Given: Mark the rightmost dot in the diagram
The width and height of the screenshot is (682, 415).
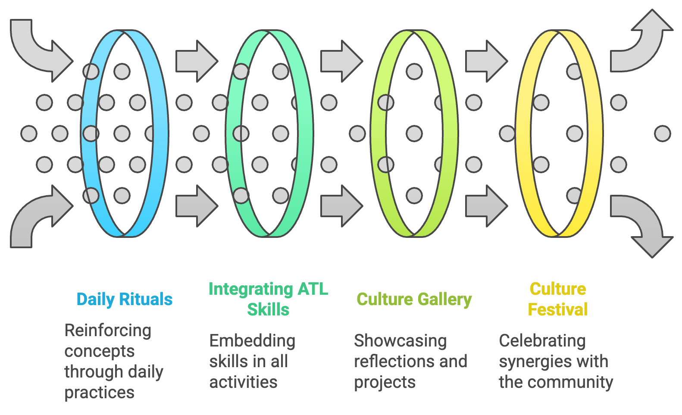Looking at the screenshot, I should tap(662, 134).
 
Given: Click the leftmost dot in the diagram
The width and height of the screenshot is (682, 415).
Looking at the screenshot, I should tap(29, 134).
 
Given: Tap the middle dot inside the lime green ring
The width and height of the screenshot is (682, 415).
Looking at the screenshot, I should tap(414, 134).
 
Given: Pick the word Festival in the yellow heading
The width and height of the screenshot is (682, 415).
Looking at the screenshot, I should tap(558, 309).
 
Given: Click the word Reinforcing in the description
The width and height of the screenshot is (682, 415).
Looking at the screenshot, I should tap(108, 331).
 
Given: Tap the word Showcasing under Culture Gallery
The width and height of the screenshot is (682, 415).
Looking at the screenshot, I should tap(400, 341).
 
